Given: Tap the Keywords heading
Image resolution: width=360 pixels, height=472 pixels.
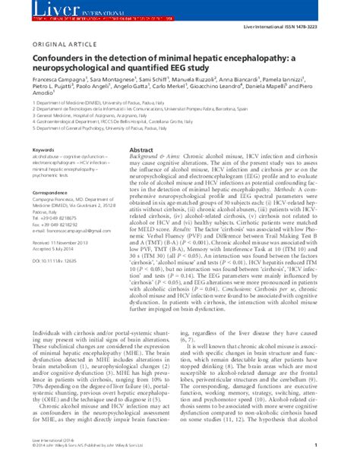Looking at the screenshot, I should (44, 151).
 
